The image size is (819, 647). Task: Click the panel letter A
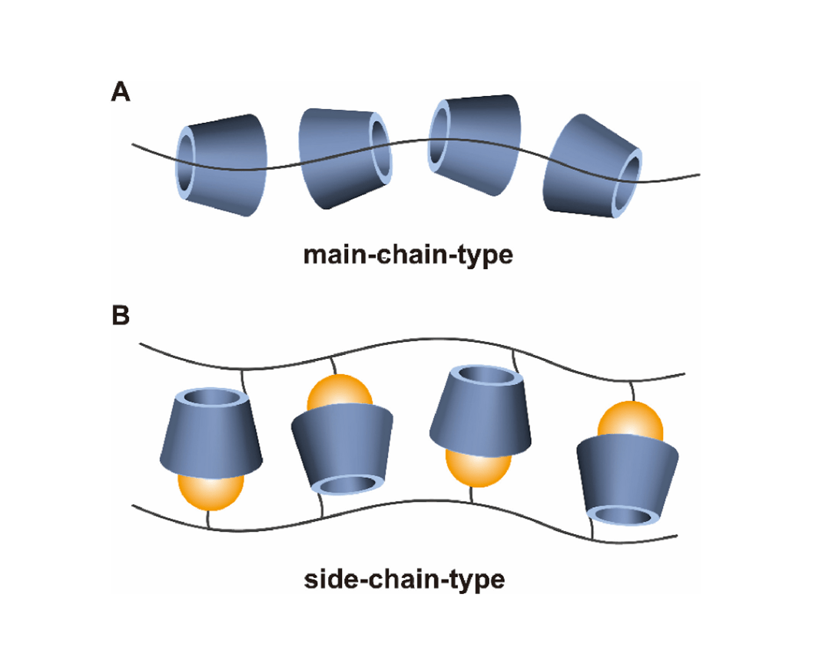tap(121, 92)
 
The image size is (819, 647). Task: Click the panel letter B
tap(121, 315)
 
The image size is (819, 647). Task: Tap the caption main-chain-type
tap(408, 255)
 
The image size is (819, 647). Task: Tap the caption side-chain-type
tap(404, 579)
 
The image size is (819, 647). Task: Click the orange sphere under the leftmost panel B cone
tap(211, 492)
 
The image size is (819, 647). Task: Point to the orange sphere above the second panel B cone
tap(340, 393)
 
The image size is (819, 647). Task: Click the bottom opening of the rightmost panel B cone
tap(624, 515)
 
